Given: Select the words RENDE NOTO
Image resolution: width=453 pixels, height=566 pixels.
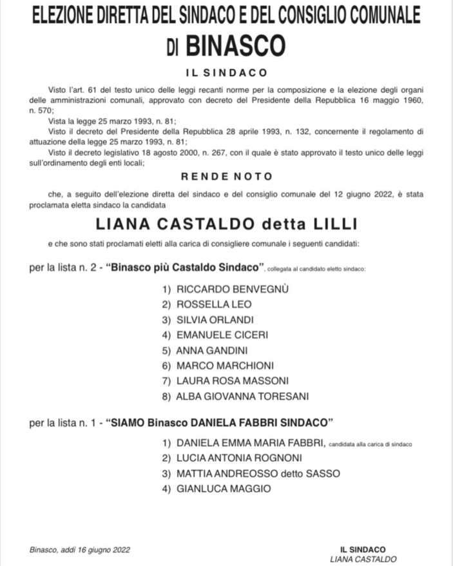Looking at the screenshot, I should (x=226, y=176).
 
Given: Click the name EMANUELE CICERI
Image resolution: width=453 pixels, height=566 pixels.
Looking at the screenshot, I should (x=222, y=335).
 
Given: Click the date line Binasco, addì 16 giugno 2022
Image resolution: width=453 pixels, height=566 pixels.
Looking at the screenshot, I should (x=80, y=549).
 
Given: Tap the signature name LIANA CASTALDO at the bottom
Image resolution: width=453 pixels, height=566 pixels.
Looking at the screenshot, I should (x=363, y=559).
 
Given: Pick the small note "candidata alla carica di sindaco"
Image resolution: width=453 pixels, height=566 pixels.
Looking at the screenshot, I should (x=370, y=444).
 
